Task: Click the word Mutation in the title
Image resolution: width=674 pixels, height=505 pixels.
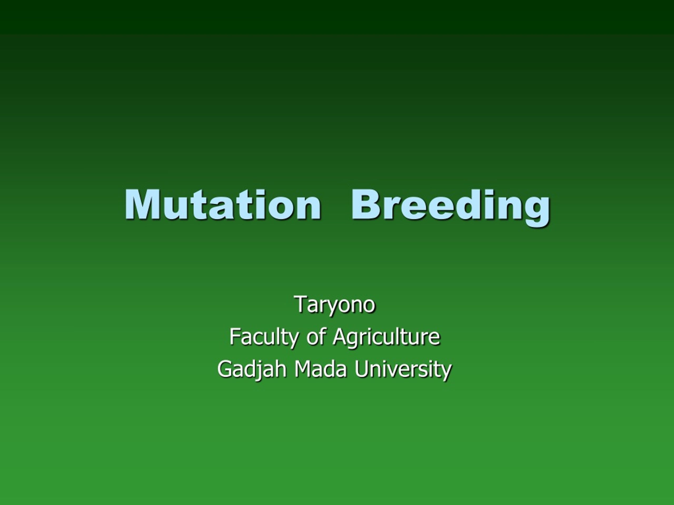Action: coord(222,204)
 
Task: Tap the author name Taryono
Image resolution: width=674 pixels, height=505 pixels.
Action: coord(335,304)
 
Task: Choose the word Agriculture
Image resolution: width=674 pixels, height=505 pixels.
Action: coord(386,337)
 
